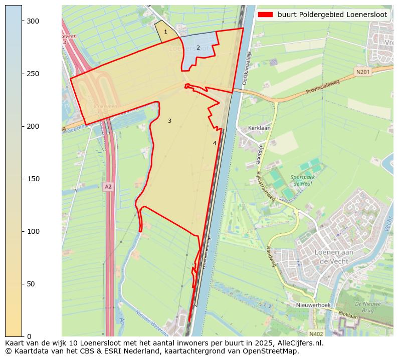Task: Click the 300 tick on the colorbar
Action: [x=22, y=21]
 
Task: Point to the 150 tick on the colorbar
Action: [x=22, y=179]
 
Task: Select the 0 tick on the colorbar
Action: [x=22, y=336]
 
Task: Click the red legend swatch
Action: [x=265, y=15]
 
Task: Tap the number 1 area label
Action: [x=166, y=32]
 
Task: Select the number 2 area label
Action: [x=198, y=48]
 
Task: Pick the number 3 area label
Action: [x=169, y=121]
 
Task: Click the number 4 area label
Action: [x=215, y=143]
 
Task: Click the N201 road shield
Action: [x=362, y=72]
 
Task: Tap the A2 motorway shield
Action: [x=108, y=187]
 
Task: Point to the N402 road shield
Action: [x=316, y=334]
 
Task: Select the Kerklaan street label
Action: [x=259, y=128]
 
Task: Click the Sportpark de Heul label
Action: [x=303, y=180]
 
